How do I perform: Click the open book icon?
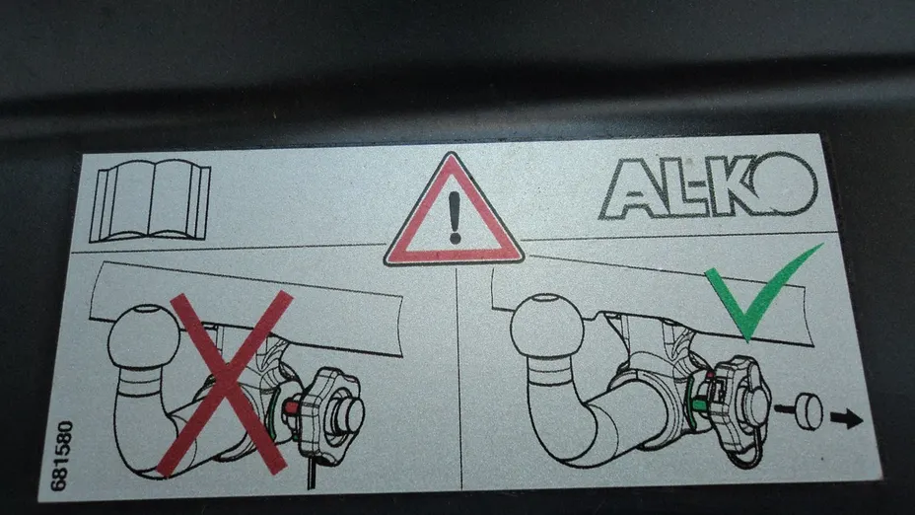pos(150,200)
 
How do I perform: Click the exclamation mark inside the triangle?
pos(455,217)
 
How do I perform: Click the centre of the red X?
pos(224,383)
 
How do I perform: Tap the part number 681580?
pos(61,456)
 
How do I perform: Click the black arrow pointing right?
pos(846,418)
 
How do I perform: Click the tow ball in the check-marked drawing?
pos(546,326)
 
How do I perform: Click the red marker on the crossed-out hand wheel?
pos(291,408)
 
